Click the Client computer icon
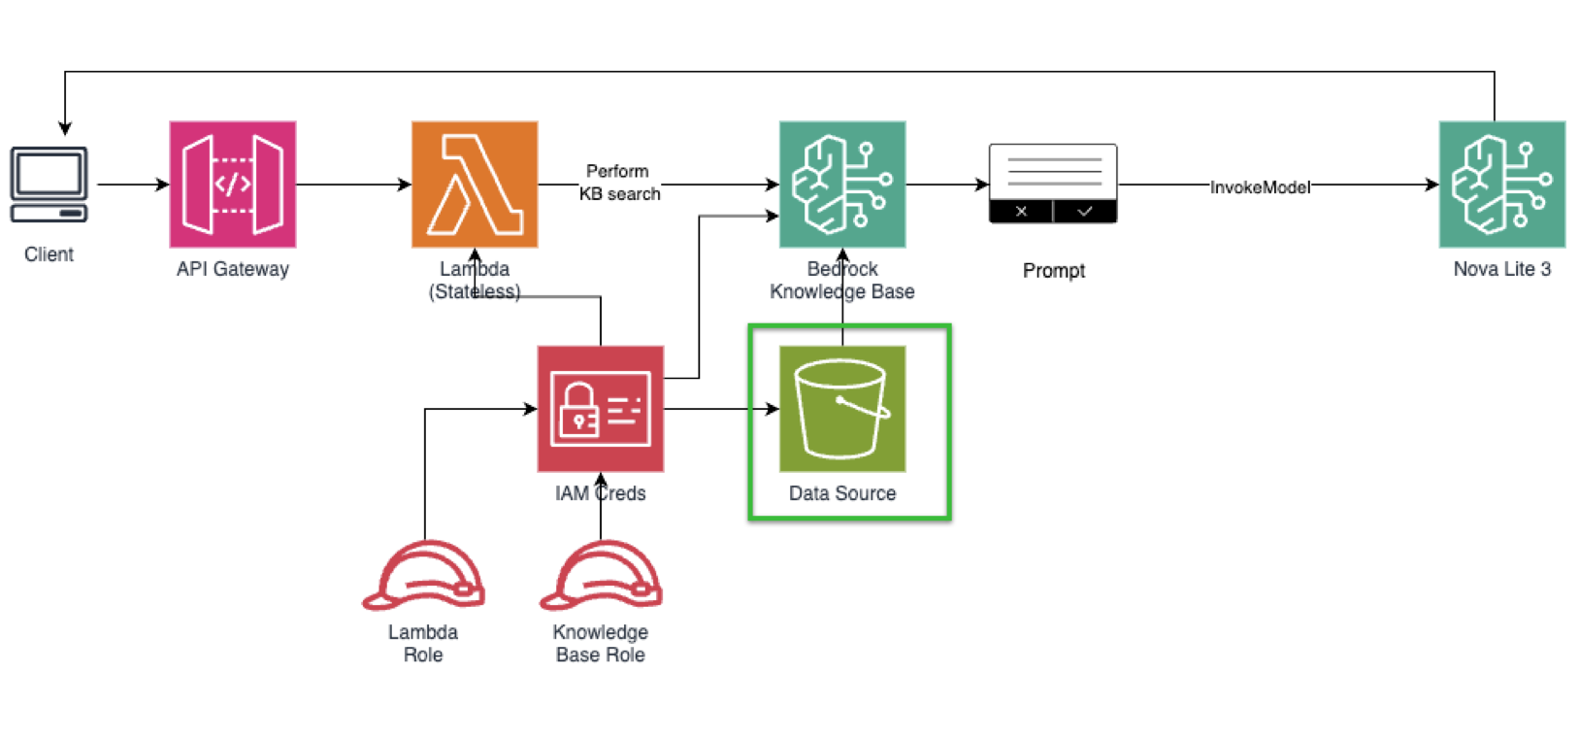[49, 185]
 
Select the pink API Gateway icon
[233, 185]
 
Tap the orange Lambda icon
[475, 185]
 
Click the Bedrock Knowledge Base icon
[842, 185]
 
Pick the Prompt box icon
[1053, 184]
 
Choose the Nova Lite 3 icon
[1501, 185]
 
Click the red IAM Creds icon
[601, 409]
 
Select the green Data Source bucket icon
[842, 409]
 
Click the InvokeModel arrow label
[1260, 187]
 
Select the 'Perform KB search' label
[619, 183]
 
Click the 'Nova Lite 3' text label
[1501, 269]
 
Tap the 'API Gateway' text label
[233, 269]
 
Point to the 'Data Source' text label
[842, 493]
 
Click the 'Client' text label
[49, 254]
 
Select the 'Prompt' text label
[1054, 271]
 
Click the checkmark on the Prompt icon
[1085, 211]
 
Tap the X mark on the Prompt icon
[1021, 211]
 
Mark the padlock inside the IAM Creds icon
[579, 411]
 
